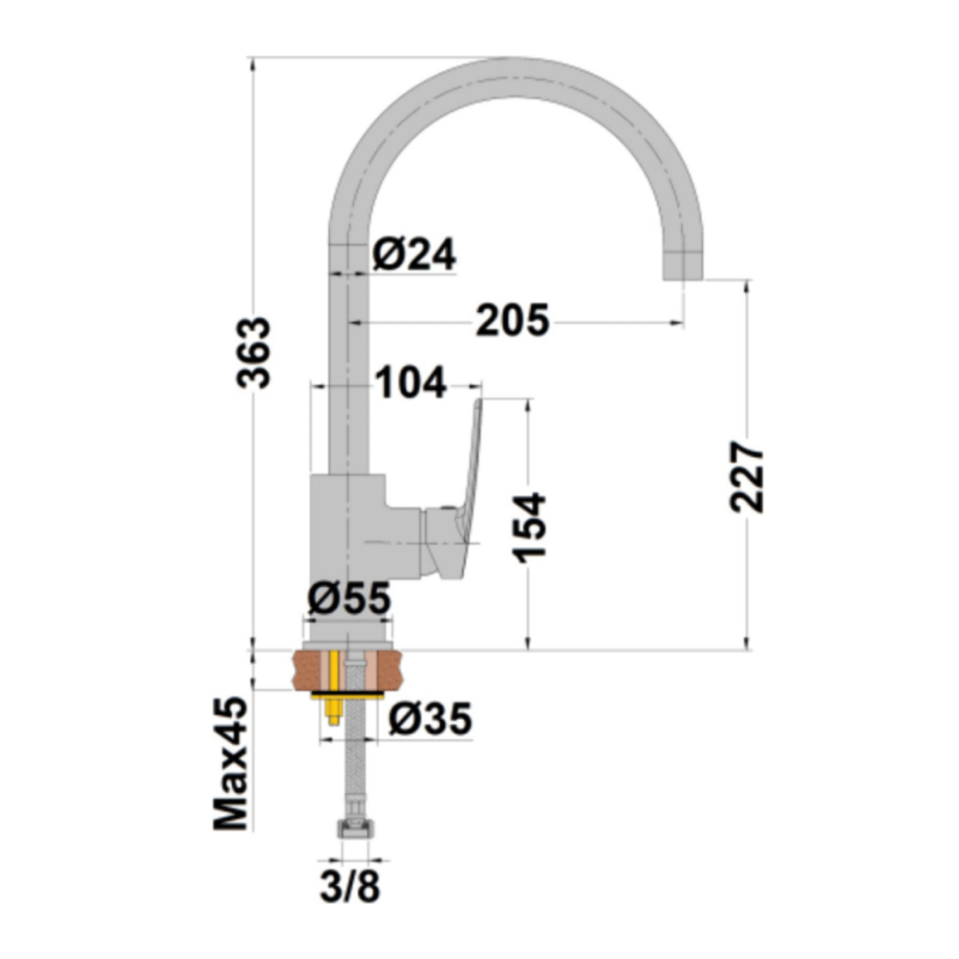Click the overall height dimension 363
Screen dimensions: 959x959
point(253,352)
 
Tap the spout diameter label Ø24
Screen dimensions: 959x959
point(414,254)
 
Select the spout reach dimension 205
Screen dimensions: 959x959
point(512,320)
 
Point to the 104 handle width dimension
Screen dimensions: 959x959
point(410,383)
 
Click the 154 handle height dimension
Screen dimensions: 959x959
point(530,528)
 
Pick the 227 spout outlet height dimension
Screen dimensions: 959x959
point(747,477)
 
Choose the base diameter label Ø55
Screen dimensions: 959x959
point(349,598)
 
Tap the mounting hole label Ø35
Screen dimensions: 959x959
point(430,719)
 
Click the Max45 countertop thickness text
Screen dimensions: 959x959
point(231,763)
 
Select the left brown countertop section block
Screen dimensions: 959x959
point(307,670)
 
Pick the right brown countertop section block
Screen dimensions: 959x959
point(388,670)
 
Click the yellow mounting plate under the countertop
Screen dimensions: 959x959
point(347,696)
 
